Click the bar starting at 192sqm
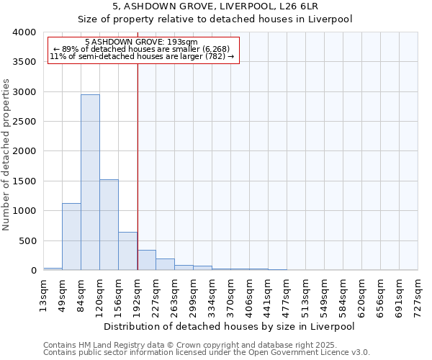(146, 260)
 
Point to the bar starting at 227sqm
(165, 264)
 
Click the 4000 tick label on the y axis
(24, 32)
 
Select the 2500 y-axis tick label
(24, 122)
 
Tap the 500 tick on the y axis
(27, 240)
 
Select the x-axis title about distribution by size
(230, 326)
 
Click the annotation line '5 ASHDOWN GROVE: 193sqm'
(140, 42)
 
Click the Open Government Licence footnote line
(207, 353)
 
